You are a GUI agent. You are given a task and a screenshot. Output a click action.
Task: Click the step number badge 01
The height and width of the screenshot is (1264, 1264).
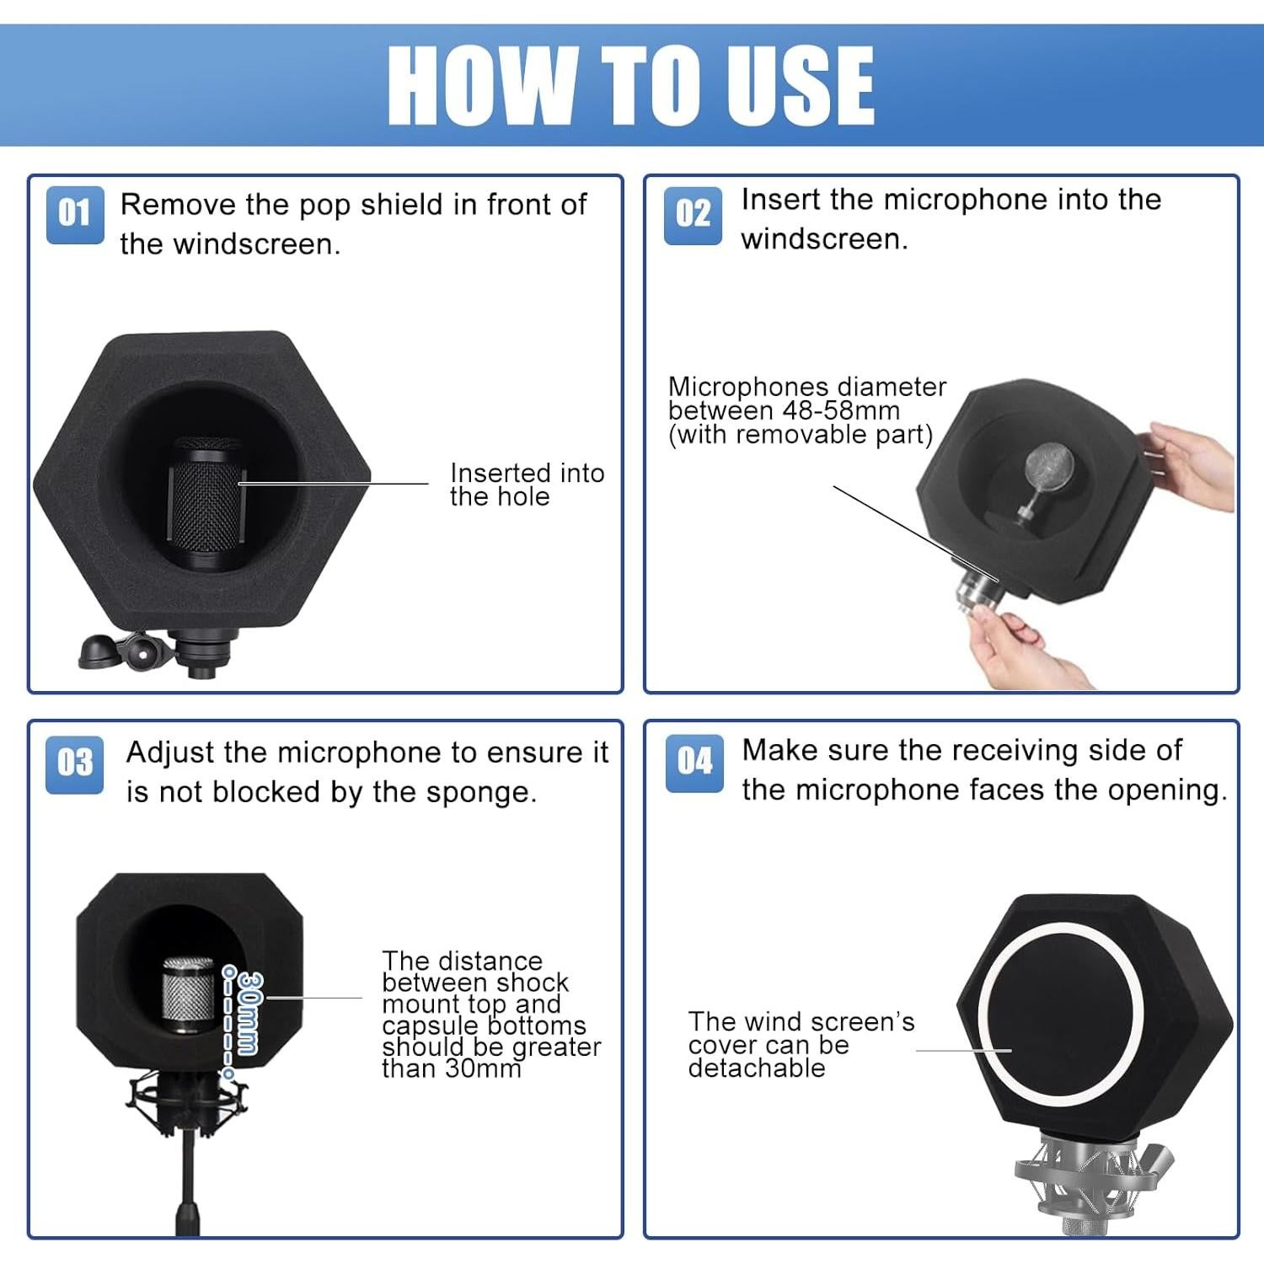tap(75, 215)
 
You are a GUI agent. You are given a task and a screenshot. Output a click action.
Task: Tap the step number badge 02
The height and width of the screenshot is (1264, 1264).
tap(693, 216)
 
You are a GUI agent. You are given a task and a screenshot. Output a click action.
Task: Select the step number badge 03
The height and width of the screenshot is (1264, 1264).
tap(75, 764)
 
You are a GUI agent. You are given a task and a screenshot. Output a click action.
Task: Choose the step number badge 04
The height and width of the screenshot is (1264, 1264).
tap(694, 763)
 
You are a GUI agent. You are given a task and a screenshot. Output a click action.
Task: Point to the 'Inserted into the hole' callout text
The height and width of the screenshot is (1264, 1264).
tap(527, 485)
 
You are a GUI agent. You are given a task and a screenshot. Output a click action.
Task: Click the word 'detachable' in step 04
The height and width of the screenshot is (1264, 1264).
tap(757, 1068)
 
